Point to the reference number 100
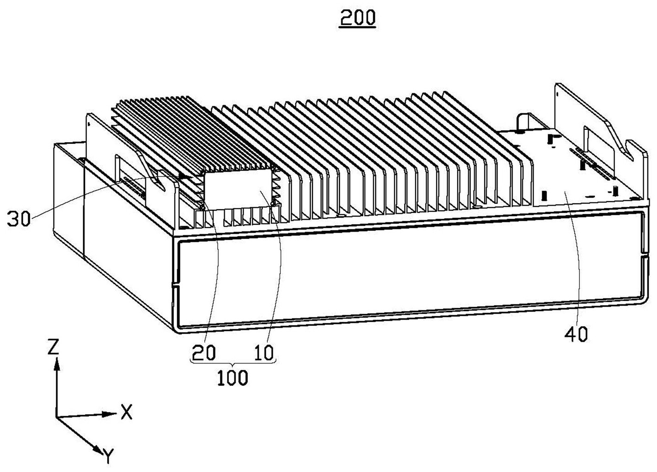pos(233,378)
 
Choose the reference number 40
pos(577,335)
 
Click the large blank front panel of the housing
pos(407,279)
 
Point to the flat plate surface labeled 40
pos(580,178)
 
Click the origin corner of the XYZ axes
pos(57,417)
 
